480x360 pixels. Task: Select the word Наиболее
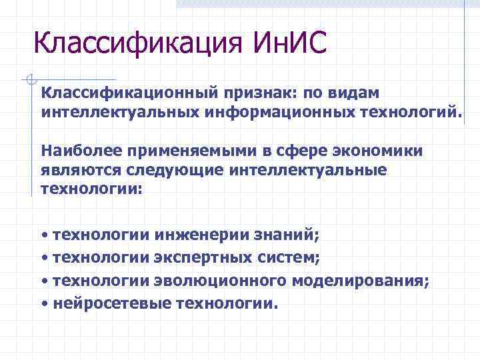tap(79, 151)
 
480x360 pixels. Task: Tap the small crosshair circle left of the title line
tap(28, 80)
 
